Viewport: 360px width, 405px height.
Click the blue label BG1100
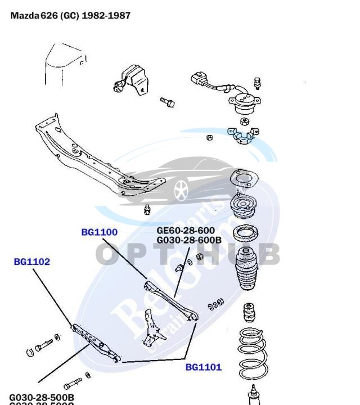point(99,232)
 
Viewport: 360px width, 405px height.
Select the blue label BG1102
point(32,262)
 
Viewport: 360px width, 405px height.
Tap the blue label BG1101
point(204,367)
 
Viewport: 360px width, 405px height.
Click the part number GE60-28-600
point(185,231)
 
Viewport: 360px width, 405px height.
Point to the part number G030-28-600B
point(188,240)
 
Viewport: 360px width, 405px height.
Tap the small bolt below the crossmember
point(148,210)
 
